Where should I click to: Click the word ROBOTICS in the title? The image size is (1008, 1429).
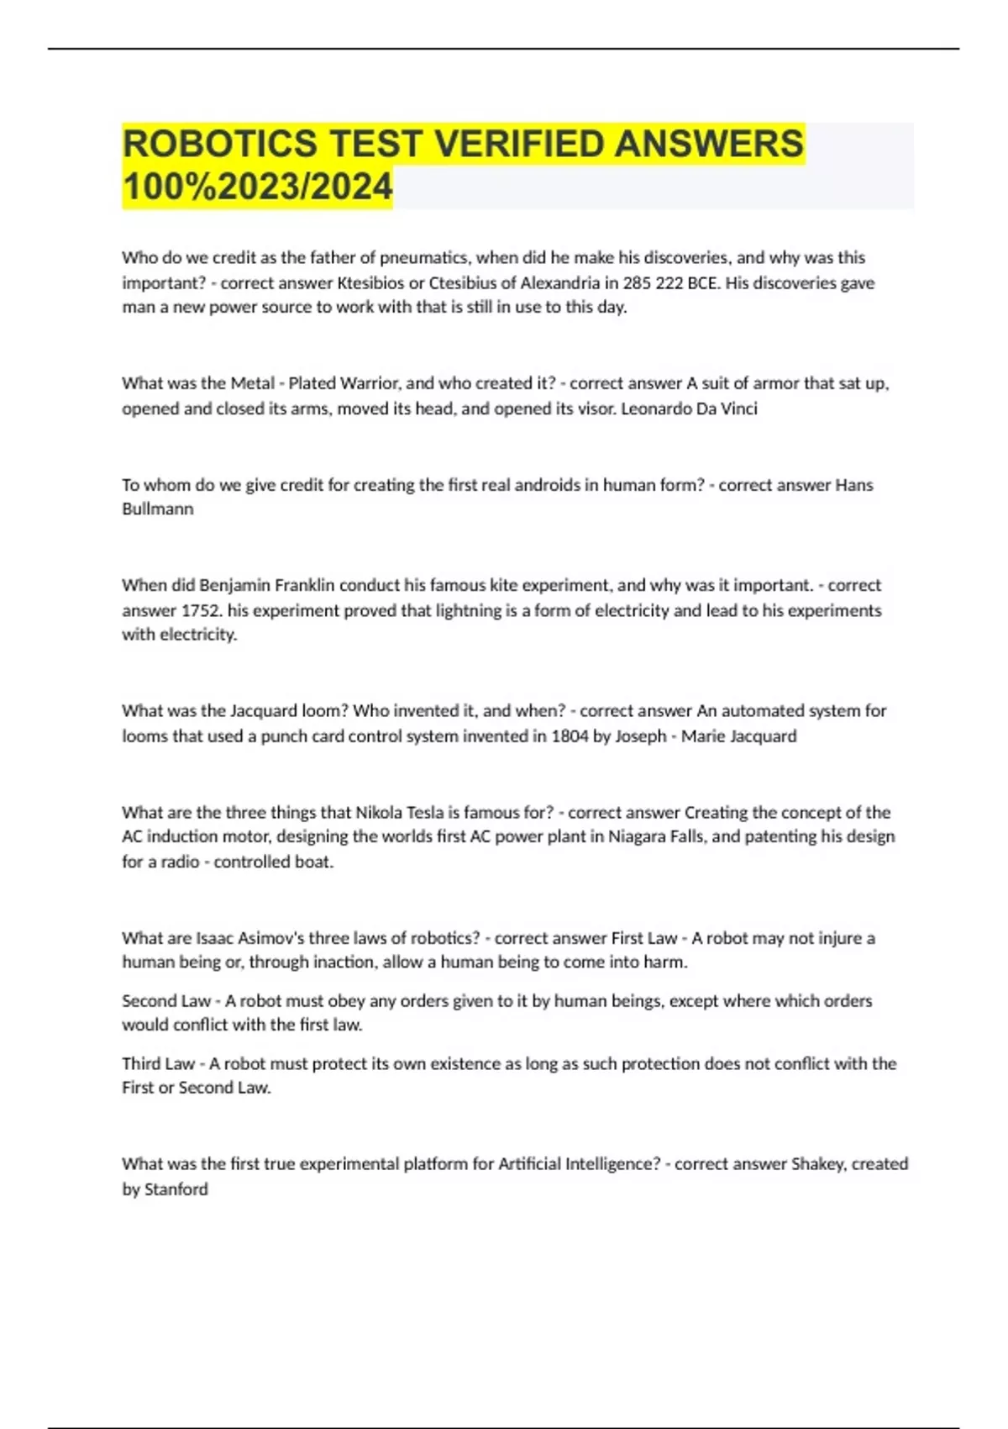pyautogui.click(x=220, y=144)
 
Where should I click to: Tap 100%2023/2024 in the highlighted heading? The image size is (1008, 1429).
pyautogui.click(x=257, y=187)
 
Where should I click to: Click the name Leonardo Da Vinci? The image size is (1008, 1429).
pyautogui.click(x=689, y=409)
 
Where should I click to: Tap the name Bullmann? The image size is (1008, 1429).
pyautogui.click(x=158, y=509)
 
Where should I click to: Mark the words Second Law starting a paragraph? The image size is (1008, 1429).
pyautogui.click(x=166, y=1001)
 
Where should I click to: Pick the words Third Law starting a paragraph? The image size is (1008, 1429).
pyautogui.click(x=159, y=1064)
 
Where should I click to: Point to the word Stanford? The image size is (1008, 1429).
pyautogui.click(x=176, y=1189)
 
